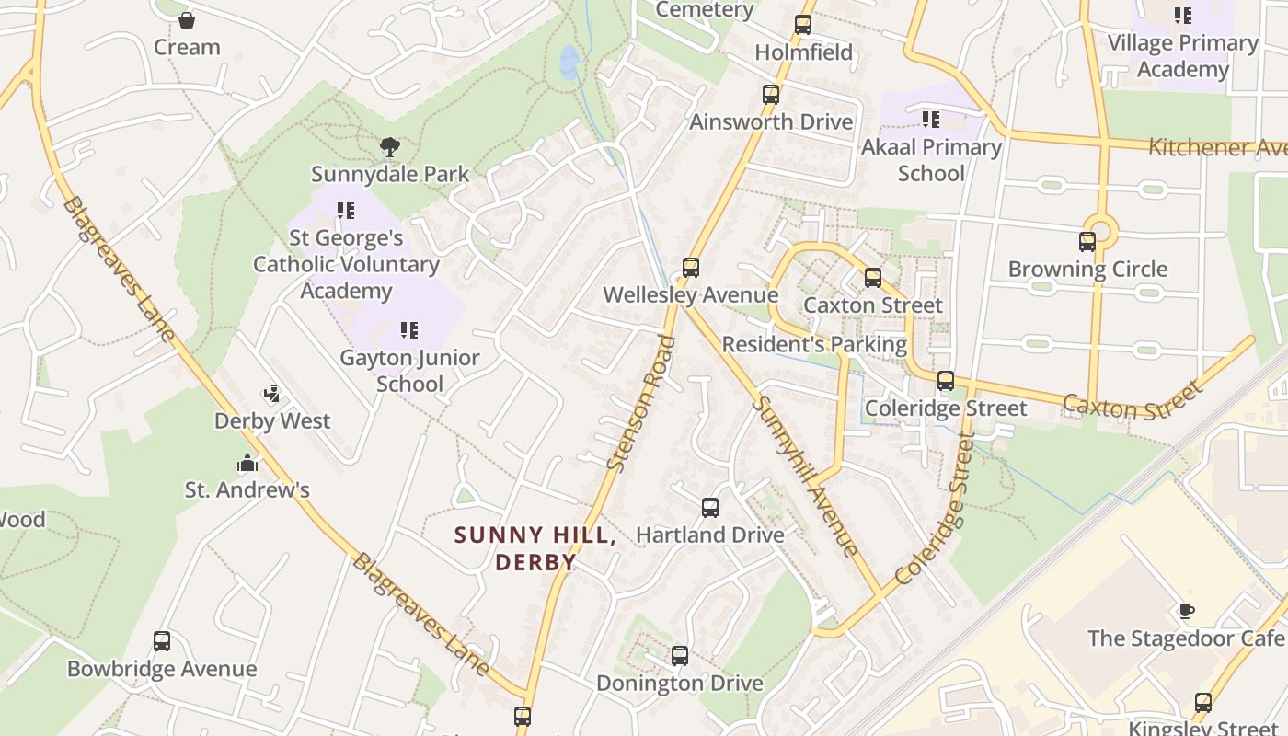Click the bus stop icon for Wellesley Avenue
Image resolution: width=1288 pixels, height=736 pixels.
[690, 268]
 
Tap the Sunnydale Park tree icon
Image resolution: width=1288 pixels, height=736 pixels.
[390, 146]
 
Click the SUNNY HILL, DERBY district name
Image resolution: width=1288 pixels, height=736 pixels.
[535, 548]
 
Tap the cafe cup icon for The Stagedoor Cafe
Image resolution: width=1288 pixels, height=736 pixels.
[1187, 611]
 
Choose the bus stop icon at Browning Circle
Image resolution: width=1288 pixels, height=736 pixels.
[1087, 242]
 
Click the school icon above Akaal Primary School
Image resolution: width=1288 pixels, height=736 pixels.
[931, 120]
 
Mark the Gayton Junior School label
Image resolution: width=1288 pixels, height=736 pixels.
[409, 371]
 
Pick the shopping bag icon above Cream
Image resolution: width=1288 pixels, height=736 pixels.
[187, 19]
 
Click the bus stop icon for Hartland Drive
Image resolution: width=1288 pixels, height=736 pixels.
[709, 507]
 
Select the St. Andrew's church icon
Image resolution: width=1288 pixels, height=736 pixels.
[247, 463]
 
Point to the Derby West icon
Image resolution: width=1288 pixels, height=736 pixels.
[271, 395]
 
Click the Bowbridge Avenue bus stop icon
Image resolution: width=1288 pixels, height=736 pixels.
[162, 641]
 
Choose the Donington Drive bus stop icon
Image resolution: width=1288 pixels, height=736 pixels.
[680, 656]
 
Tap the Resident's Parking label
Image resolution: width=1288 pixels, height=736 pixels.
[814, 345]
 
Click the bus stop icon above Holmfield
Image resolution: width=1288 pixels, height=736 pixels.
[803, 25]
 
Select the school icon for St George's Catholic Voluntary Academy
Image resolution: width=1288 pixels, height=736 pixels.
[346, 211]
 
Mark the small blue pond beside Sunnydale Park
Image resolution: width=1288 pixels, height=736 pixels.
[569, 62]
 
